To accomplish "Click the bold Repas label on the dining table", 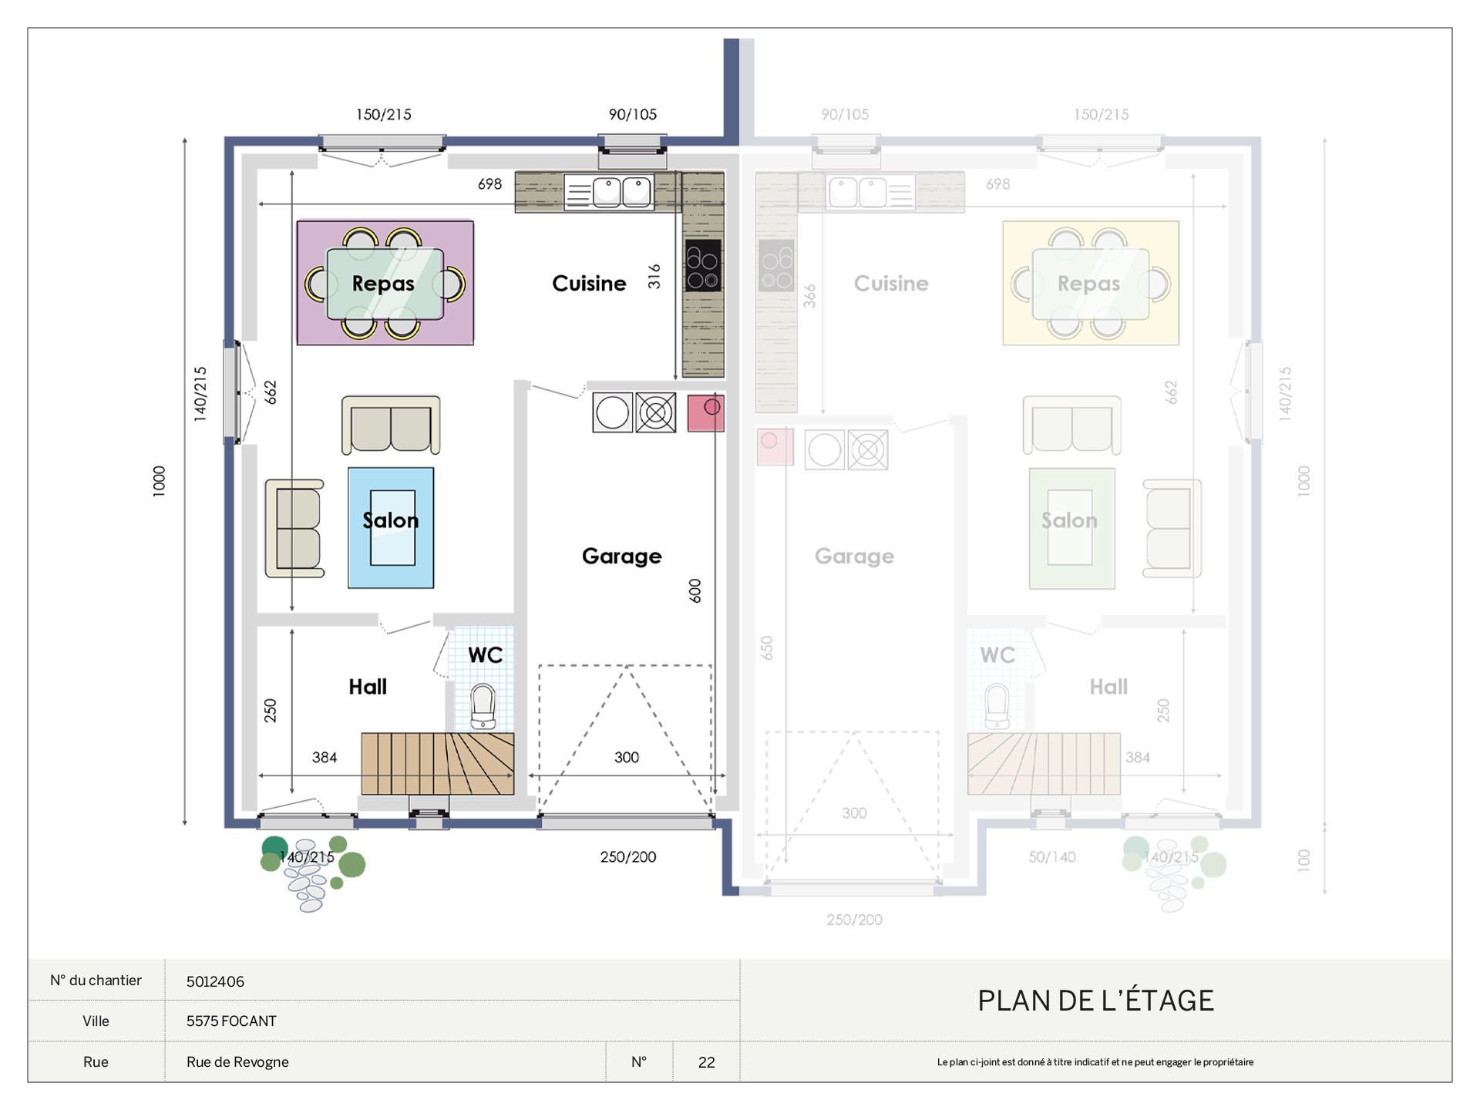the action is (383, 284).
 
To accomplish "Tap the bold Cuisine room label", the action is (589, 284).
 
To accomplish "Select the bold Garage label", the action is (621, 557).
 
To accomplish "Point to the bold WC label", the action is (485, 655).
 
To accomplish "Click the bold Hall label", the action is (368, 687).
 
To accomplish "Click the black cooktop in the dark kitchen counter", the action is (703, 265).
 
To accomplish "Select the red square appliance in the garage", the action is (705, 413).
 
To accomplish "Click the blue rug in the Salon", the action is (391, 528).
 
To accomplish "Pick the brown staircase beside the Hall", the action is (438, 764).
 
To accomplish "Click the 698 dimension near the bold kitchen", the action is (489, 184).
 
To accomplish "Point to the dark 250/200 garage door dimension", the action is (628, 857).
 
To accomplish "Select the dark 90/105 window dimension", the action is (633, 115).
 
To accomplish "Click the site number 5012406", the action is (215, 981).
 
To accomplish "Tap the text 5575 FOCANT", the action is (231, 1021).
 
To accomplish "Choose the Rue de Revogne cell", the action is (237, 1062).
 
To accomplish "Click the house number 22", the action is (706, 1062).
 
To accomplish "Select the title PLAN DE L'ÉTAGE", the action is (1095, 1001).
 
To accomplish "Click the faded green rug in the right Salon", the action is (1071, 529).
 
